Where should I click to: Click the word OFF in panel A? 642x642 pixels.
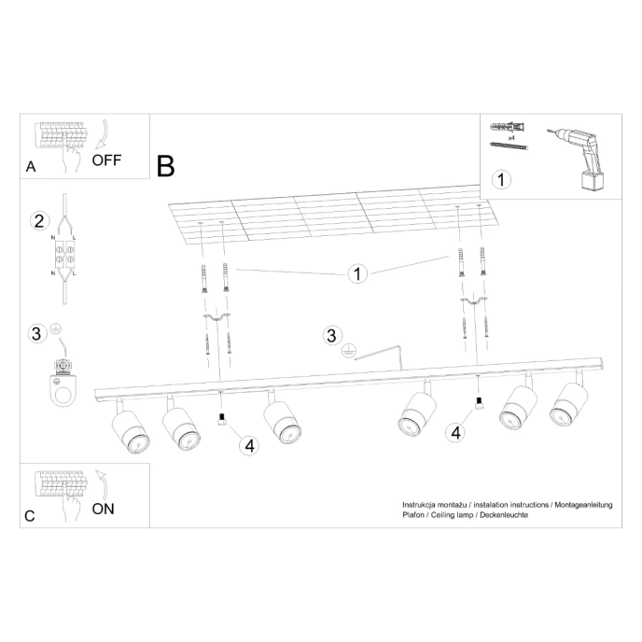coord(107,159)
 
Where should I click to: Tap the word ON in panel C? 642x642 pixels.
coord(104,509)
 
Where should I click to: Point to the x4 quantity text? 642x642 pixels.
coord(511,136)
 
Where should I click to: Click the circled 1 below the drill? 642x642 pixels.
coord(502,179)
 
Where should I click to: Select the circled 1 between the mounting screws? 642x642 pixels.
coord(356,273)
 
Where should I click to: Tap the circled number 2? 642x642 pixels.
coord(38,221)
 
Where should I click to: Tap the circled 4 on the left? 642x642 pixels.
coord(248,444)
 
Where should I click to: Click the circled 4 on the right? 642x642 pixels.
coord(454,432)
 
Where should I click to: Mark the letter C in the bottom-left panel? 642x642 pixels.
coord(31,516)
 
